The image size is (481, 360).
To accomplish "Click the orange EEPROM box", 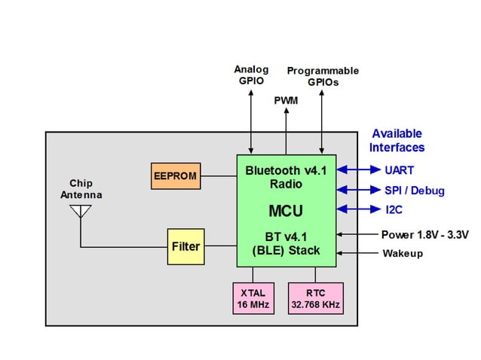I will [175, 176].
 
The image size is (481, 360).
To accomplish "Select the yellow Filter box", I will [185, 246].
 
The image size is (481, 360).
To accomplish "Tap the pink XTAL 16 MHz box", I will [254, 298].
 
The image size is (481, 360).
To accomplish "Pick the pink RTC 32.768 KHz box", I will [315, 298].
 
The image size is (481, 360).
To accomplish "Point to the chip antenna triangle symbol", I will [80, 212].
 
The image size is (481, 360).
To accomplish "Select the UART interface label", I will [399, 170].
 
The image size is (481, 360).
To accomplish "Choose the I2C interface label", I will [395, 209].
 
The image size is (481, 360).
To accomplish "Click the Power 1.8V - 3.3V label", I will [424, 235].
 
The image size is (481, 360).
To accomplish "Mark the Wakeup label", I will [403, 254].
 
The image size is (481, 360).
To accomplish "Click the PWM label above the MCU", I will [286, 100].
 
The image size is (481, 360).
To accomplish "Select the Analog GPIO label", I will [250, 75].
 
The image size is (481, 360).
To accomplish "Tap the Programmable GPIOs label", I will [323, 77].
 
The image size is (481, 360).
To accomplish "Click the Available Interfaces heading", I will [397, 140].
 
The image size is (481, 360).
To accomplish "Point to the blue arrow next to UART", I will [357, 170].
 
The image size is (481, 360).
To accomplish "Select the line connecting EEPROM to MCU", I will [219, 176].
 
